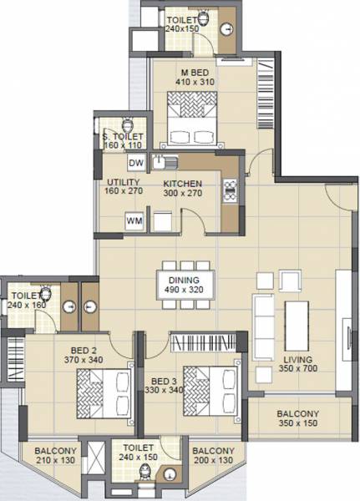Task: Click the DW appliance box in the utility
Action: (x=137, y=163)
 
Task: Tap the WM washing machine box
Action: (x=134, y=221)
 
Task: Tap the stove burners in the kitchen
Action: (x=229, y=190)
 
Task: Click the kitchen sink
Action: (x=170, y=162)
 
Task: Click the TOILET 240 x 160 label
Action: (x=27, y=300)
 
